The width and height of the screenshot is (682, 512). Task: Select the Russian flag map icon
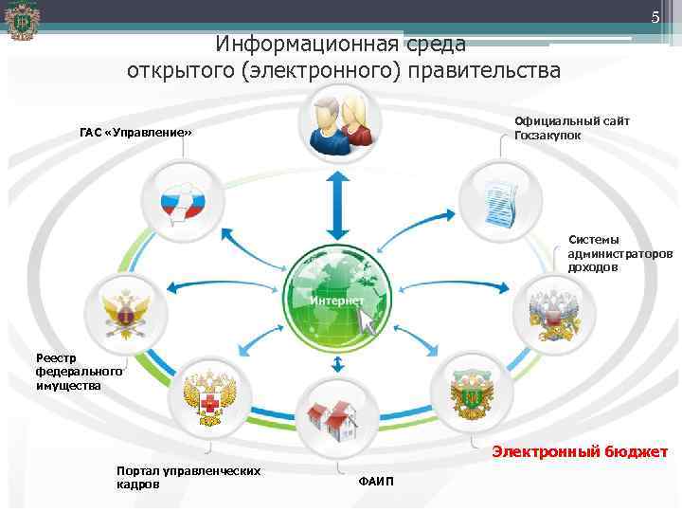pos(180,200)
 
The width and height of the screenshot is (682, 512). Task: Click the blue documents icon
pos(498,199)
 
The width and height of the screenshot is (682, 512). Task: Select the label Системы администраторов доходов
pos(619,253)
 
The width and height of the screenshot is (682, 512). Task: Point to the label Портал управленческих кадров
pos(188,477)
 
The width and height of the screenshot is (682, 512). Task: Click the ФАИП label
pos(376,482)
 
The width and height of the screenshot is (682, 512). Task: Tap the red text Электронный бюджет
pos(579,452)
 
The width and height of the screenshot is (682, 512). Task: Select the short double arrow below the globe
pos(336,364)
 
